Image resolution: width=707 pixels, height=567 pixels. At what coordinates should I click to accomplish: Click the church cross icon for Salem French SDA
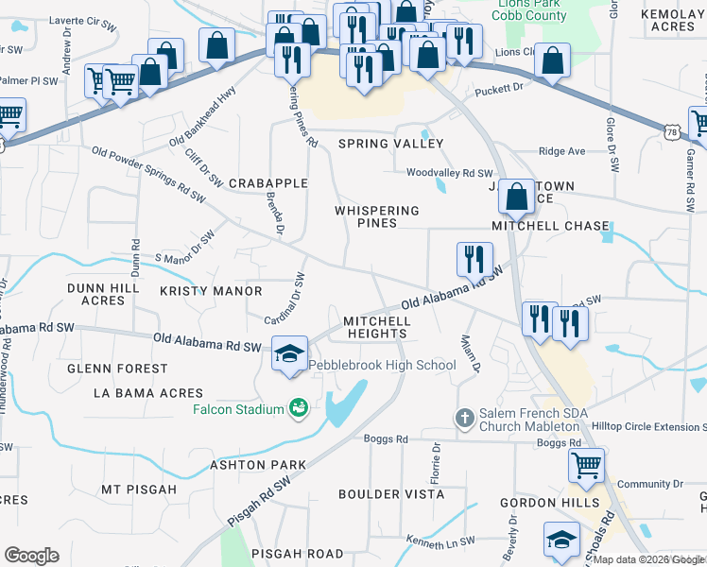(x=464, y=417)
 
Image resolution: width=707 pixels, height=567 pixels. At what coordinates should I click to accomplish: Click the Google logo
(x=31, y=556)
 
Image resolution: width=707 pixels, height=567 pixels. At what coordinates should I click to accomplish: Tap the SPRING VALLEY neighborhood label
(x=391, y=144)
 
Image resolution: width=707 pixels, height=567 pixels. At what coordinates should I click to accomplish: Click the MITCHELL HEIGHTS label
(x=376, y=327)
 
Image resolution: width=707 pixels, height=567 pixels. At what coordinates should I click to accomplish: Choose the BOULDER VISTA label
(x=391, y=493)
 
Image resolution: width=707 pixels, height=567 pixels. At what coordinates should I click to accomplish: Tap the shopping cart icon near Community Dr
(x=586, y=464)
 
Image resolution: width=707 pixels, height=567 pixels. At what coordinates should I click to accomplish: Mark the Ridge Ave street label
(x=561, y=151)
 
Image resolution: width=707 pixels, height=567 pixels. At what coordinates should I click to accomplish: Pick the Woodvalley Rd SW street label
(x=450, y=173)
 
